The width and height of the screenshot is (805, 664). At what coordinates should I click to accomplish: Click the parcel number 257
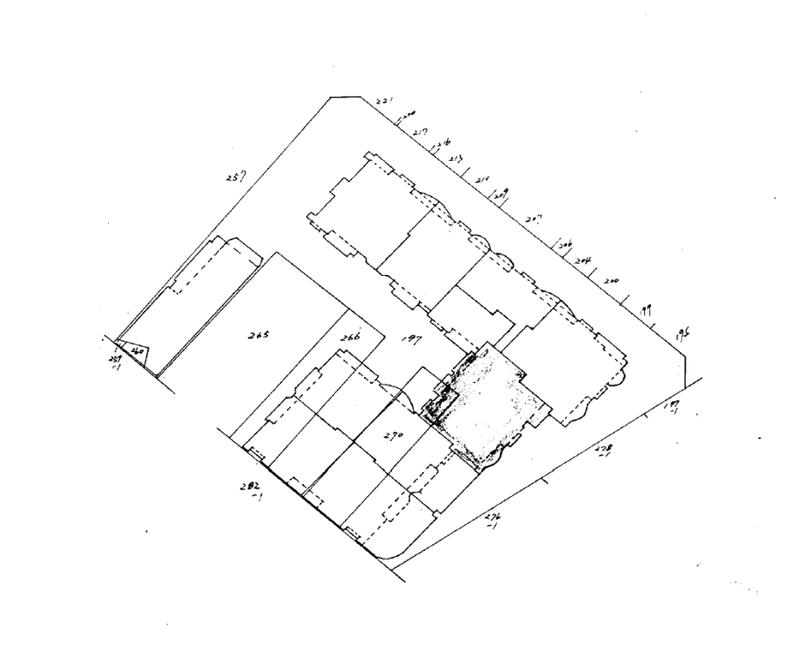tap(233, 177)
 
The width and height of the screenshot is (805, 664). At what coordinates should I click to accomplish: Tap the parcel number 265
tap(257, 335)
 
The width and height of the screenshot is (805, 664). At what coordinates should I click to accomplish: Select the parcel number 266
tap(349, 337)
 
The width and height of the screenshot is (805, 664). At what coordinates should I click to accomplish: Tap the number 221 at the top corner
tap(385, 103)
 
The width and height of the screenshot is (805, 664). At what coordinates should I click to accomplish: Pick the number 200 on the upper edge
tap(611, 282)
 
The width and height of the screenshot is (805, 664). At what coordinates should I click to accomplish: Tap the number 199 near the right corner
tap(645, 309)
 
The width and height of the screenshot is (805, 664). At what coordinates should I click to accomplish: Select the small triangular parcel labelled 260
tap(136, 351)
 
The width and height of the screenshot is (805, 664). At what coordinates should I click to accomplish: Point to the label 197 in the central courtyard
tap(412, 340)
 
